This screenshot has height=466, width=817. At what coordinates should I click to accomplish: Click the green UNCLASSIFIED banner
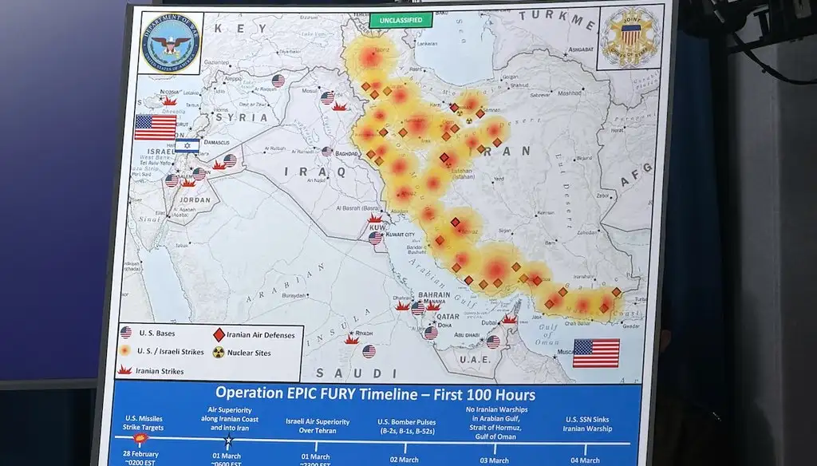401,19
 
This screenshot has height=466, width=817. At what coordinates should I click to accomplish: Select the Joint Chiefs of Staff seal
630,37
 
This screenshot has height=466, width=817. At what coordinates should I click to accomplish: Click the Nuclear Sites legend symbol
218,352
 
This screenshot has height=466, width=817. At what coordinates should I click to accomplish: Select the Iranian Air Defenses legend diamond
219,334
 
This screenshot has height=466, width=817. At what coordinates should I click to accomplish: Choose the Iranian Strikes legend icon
125,369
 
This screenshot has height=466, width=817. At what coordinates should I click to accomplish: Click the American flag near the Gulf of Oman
595,353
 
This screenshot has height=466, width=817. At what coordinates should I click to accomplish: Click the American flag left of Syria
155,127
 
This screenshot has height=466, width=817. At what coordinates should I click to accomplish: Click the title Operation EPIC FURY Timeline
375,394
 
